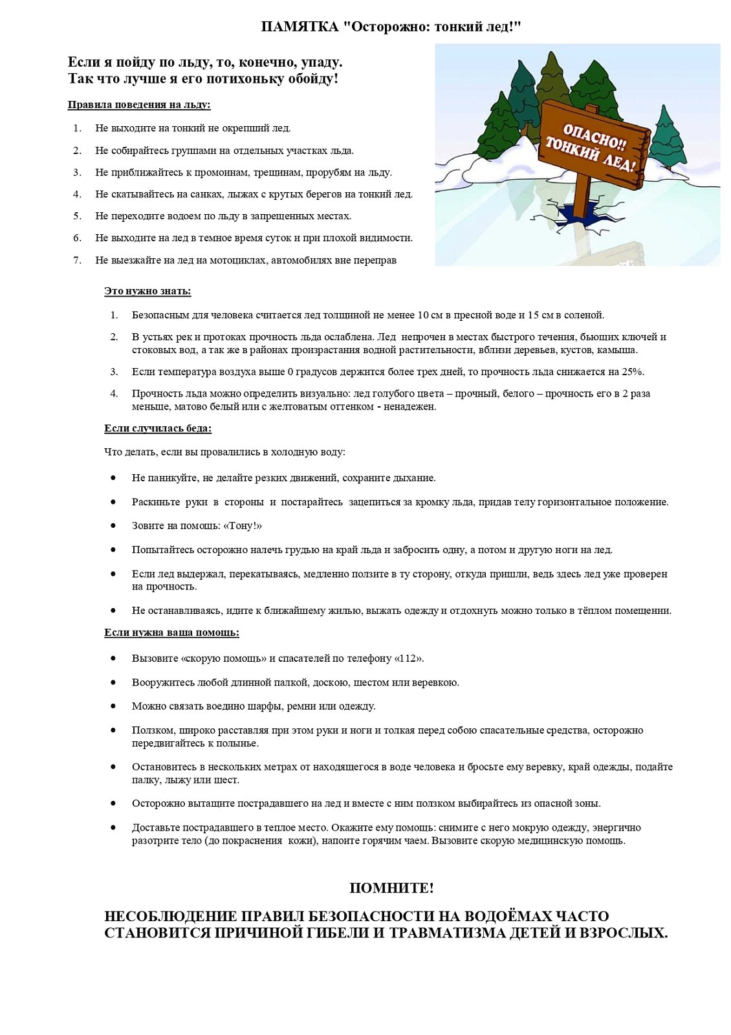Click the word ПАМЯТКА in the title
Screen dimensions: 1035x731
[300, 27]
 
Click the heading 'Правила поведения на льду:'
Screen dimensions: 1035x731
[139, 105]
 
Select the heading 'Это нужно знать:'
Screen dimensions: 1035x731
[147, 291]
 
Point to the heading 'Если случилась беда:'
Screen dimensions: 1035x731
[158, 428]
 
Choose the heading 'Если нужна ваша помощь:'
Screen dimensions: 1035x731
[171, 633]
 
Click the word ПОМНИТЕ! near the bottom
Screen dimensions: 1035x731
[391, 888]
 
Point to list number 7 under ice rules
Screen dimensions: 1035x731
[77, 260]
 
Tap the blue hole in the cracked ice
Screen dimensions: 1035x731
[586, 219]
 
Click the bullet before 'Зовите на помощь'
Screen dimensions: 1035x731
[113, 526]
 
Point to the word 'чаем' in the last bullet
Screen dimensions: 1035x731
[416, 841]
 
